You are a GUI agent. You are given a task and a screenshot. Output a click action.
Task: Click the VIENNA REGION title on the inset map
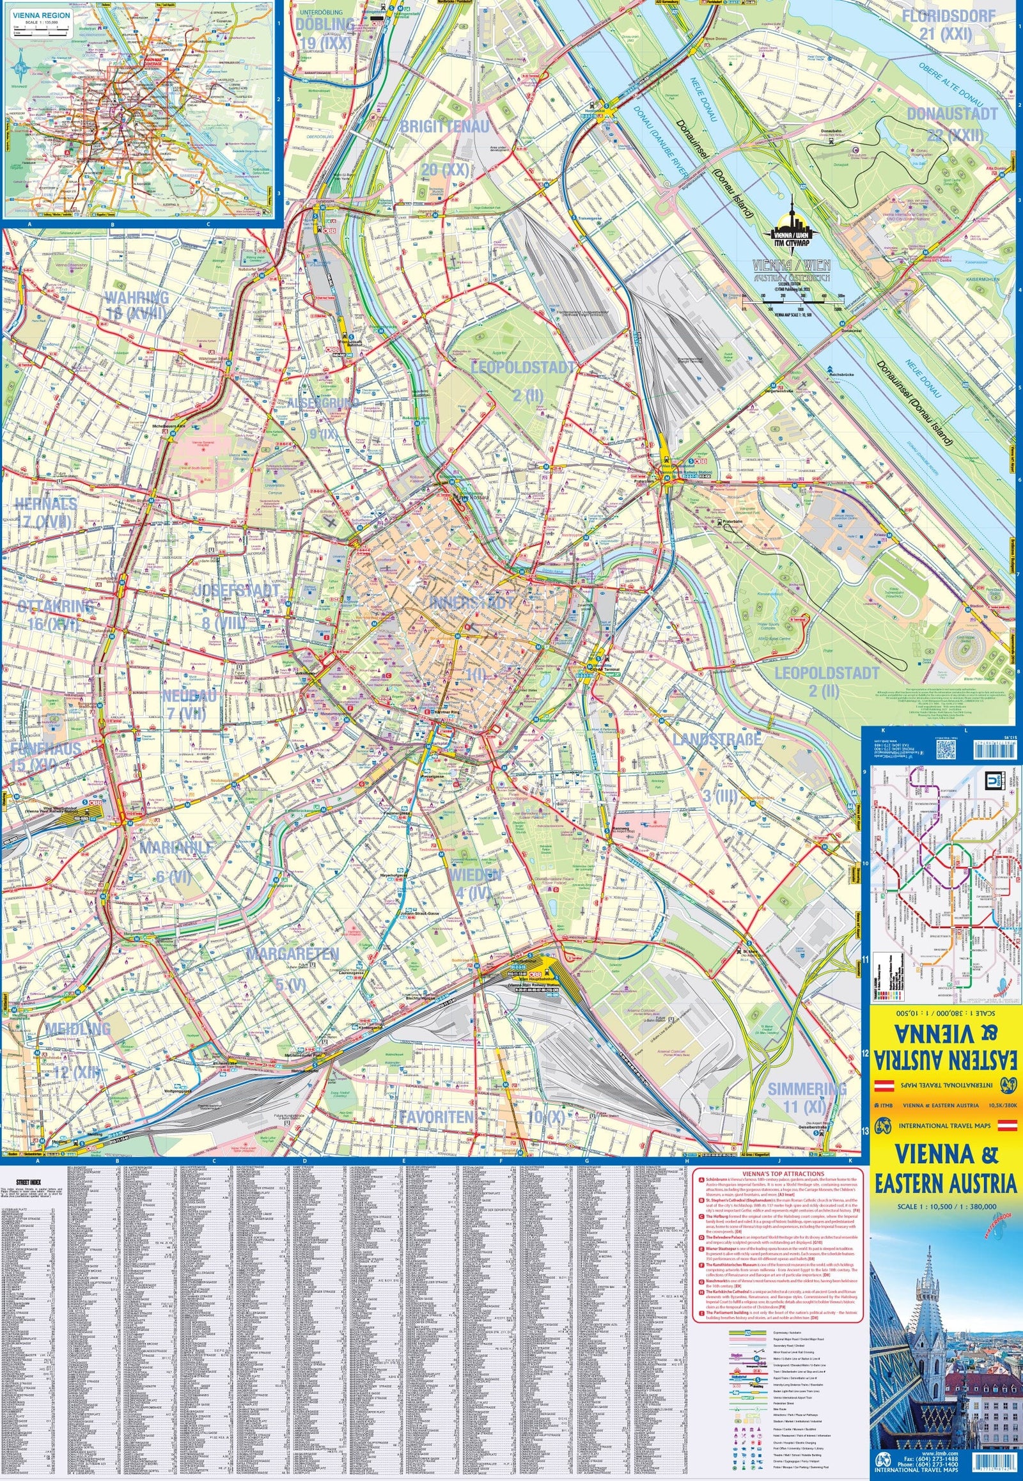[x=38, y=14]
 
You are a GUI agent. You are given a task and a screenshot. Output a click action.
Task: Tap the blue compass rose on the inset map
[x=21, y=65]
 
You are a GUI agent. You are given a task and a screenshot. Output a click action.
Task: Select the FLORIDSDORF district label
[x=948, y=16]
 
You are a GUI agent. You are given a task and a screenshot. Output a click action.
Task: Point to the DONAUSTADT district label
[x=951, y=113]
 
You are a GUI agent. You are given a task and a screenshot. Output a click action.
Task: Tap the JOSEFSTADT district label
[x=237, y=590]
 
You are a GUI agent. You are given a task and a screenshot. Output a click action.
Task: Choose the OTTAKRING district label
[x=56, y=606]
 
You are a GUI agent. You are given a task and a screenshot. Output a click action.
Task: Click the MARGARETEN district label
[x=292, y=953]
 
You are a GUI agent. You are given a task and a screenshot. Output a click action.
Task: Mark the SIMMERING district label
[x=806, y=1088]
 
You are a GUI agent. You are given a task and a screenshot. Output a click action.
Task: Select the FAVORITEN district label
[x=436, y=1117]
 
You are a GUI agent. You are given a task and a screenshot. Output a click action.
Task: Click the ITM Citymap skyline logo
[x=791, y=228]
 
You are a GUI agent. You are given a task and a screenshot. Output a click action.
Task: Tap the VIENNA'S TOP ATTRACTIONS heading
[x=777, y=1173]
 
